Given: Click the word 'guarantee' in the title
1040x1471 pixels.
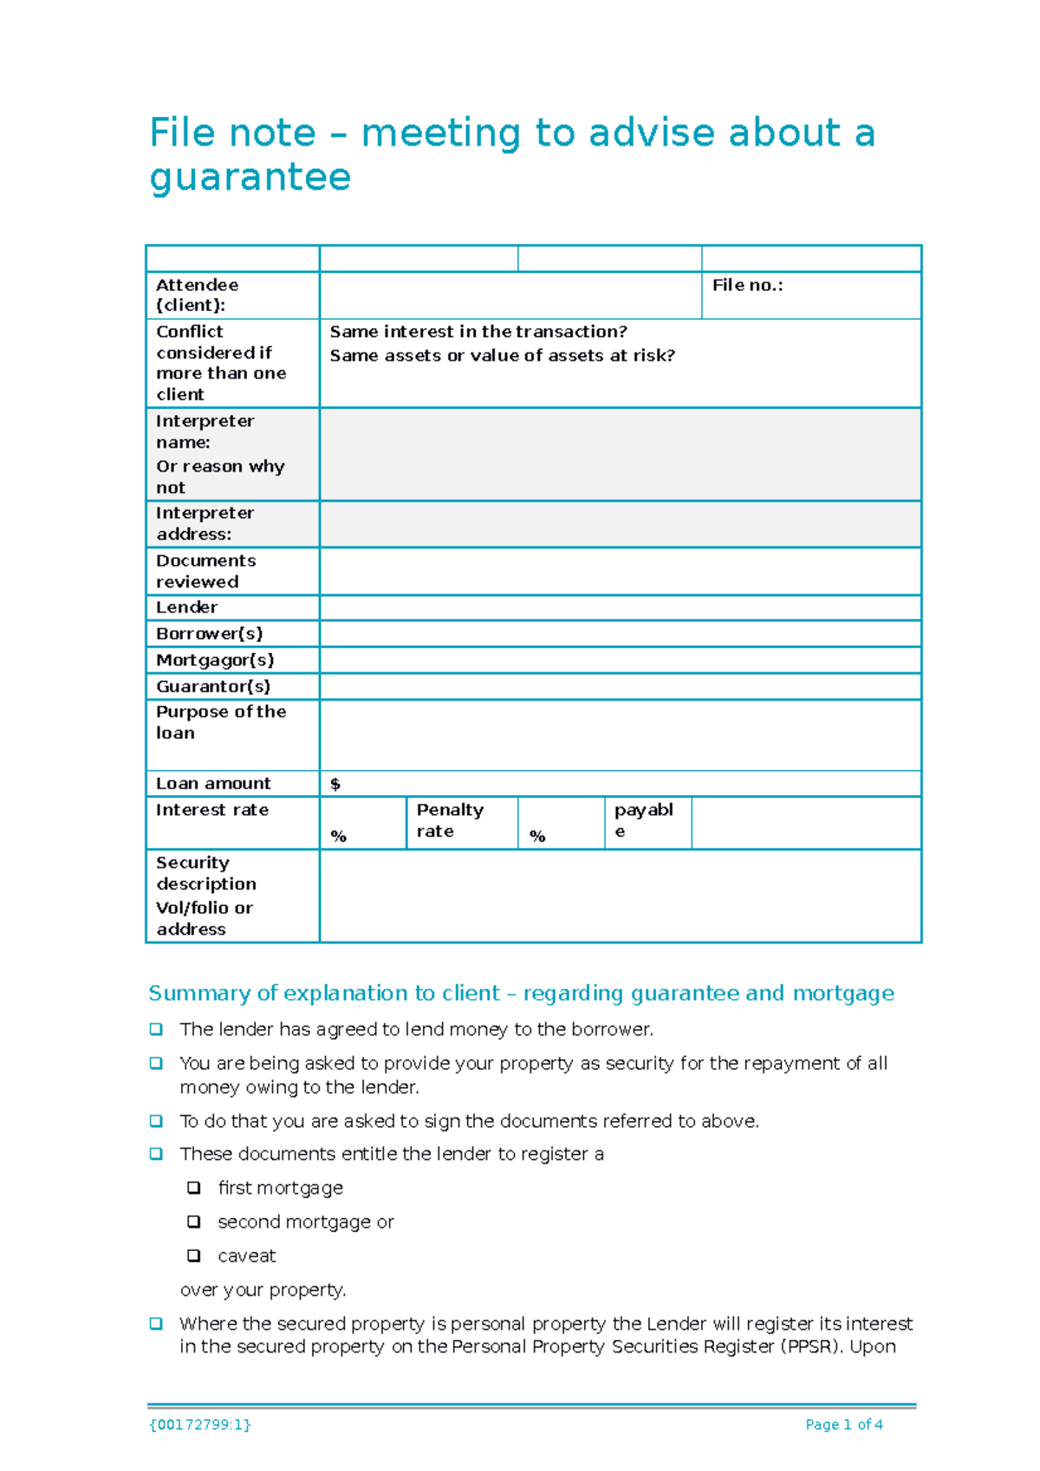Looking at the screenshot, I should pos(250,178).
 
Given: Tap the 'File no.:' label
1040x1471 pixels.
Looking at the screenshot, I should pos(747,285).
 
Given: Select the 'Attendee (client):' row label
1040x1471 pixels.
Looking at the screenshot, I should pos(197,295).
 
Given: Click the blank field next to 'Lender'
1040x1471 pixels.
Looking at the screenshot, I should pos(620,607).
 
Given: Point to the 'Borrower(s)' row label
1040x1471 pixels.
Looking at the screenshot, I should pos(209,633).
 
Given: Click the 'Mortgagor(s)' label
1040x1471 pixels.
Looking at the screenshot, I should pos(215,660).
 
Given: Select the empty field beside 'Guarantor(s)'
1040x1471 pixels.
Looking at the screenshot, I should pos(620,687).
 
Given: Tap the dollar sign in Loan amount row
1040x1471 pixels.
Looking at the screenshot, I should pos(335,784).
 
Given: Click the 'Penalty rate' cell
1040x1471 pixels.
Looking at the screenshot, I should pos(450,820).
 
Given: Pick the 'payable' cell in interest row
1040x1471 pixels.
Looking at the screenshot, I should pos(643,820).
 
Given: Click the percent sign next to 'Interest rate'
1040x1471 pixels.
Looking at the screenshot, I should pos(339,836).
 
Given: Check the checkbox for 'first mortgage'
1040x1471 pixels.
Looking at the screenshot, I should pos(194,1188).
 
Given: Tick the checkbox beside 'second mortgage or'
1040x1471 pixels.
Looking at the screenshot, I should pos(194,1222).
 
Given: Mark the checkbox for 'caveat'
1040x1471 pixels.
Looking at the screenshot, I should pos(194,1255).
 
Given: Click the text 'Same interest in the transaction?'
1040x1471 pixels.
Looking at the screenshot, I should pos(478,332).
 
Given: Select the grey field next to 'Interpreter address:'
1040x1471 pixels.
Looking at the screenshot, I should pos(620,524).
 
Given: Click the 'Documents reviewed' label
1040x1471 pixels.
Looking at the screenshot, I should pos(205,571).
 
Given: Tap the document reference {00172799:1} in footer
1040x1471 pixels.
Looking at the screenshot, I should pos(200,1424).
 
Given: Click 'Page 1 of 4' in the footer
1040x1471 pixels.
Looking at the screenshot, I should pos(843,1424).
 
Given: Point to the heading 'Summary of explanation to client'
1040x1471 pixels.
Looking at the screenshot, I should pos(323,993).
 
